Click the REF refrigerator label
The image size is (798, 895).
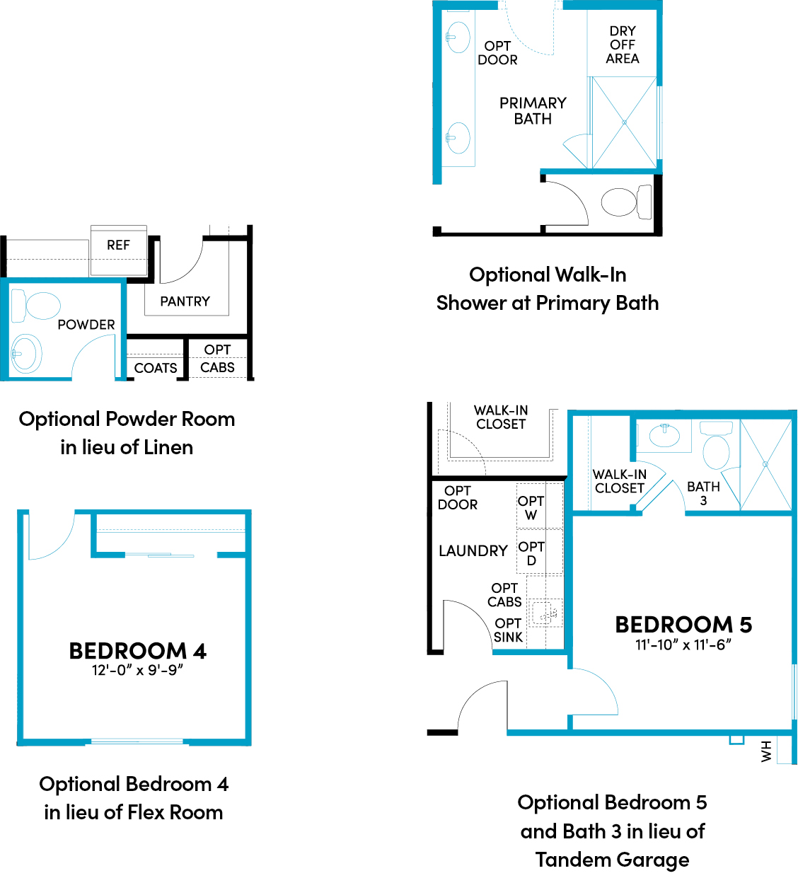coord(118,245)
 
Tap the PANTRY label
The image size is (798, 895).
coord(185,301)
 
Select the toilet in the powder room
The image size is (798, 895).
coord(36,305)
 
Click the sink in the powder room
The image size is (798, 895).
coord(26,354)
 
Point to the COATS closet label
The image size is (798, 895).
coord(155,368)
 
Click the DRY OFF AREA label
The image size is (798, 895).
coord(622,45)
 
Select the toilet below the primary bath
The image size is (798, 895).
coord(626,202)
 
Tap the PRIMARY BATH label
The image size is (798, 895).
coord(533,111)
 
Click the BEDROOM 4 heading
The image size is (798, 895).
coord(137,651)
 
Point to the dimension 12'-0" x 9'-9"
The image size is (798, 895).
coord(137,670)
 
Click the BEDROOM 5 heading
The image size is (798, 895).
coord(683,625)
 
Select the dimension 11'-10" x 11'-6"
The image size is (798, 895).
coord(683,645)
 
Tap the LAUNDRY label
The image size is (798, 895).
coord(473,551)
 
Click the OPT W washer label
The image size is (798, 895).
coord(531,508)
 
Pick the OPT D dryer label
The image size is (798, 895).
coord(531,553)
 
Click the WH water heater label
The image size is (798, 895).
coord(766,751)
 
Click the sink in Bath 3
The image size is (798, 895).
coord(664,436)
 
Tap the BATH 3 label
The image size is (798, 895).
coord(703,493)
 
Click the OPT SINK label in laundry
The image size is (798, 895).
coord(508,630)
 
